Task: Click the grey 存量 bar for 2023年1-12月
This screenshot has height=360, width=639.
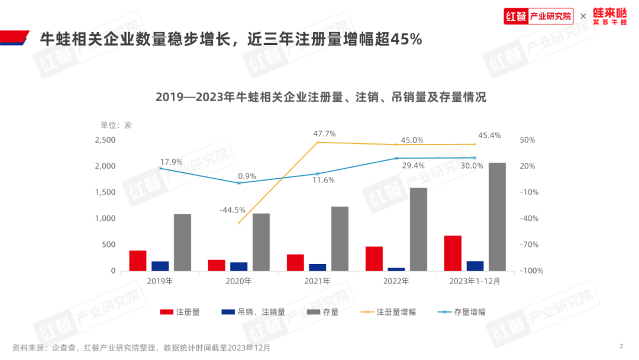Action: pos(497,217)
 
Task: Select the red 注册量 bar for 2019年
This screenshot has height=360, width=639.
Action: pos(138,261)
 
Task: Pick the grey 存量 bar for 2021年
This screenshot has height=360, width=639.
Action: pos(340,239)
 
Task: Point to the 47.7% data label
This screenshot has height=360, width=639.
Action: pos(324,134)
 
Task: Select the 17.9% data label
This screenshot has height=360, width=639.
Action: pos(171,161)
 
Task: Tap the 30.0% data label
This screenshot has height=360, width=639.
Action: pos(472,166)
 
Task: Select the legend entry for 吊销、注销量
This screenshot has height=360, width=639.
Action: pos(261,311)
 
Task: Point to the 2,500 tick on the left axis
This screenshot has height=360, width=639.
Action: pos(105,140)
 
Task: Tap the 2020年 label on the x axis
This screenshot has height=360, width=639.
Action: pos(238,281)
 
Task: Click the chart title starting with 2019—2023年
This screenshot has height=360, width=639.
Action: pos(321,97)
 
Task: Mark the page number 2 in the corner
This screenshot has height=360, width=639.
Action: pos(621,346)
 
